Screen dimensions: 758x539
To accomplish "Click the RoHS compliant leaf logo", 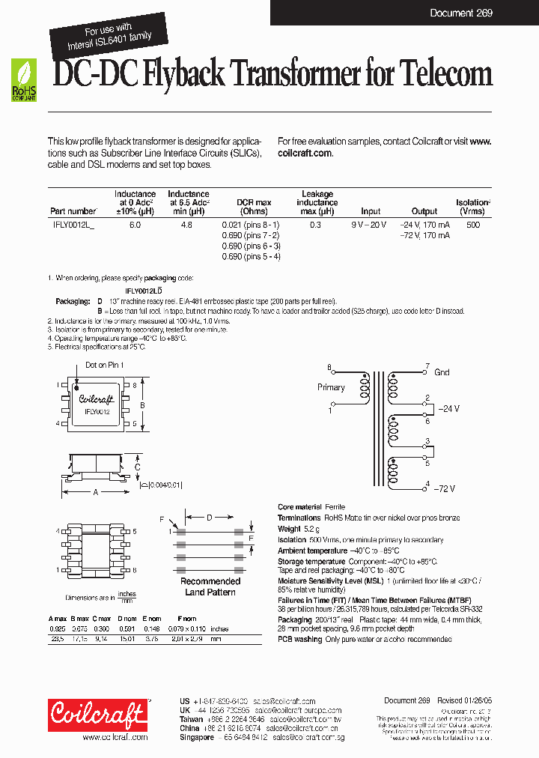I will click(23, 80).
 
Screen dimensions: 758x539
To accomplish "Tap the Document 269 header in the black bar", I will click(460, 13).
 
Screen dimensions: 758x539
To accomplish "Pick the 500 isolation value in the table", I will click(472, 225).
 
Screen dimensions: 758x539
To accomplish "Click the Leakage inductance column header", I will click(317, 202).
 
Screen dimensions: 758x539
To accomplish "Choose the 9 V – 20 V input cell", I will click(369, 225).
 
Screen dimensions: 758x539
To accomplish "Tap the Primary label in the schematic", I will click(331, 387).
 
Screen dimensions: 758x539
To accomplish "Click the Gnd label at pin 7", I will click(442, 372).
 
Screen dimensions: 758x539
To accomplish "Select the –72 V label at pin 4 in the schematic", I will click(446, 488).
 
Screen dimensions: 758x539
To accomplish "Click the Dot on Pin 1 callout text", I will click(104, 365).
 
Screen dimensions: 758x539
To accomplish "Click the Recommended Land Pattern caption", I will click(210, 586).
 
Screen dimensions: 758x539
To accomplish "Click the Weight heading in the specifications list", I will click(289, 529).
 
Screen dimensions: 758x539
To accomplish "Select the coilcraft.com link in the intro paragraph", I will click(305, 152).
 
